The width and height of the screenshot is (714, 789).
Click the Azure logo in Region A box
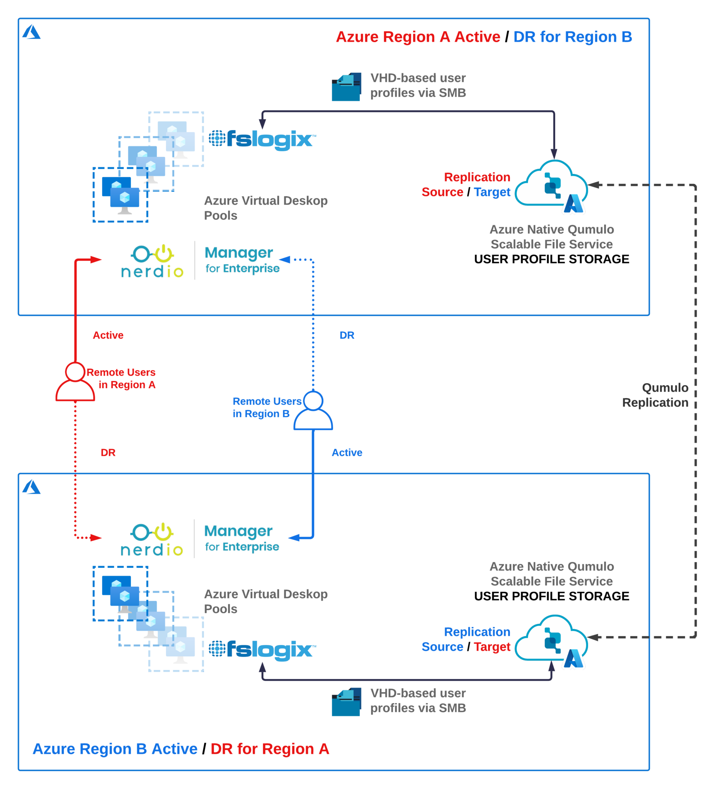coord(31,32)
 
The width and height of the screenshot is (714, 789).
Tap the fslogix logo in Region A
coord(262,140)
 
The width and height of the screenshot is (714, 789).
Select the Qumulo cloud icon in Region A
coord(552,186)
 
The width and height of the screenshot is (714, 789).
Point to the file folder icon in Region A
coord(346,87)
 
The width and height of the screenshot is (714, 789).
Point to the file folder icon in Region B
coord(346,702)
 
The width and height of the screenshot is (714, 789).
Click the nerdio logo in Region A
coord(152,262)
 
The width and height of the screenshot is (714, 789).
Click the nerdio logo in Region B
coord(152,540)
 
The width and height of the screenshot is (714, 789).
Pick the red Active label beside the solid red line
coord(108,336)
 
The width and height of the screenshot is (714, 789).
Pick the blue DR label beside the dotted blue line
coord(347,336)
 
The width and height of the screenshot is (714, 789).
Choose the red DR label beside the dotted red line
coord(108,453)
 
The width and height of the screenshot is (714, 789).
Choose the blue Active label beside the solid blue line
coord(347,453)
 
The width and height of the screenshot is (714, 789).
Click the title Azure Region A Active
coord(418,37)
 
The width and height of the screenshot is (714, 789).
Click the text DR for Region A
coord(270,749)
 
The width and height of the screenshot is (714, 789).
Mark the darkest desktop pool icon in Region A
coord(121,195)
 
